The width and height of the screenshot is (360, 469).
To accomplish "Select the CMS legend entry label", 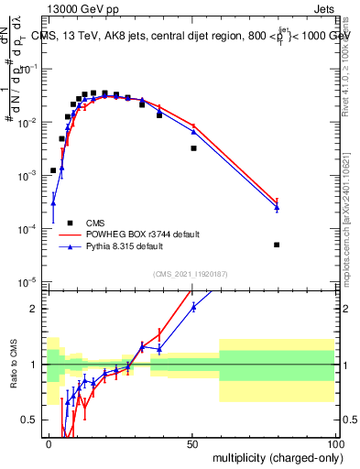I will point(96,223).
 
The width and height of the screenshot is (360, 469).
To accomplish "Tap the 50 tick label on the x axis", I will point(191,442).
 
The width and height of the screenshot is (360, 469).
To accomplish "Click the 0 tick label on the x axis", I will point(49,442).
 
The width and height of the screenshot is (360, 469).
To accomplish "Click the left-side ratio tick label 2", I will point(34,309).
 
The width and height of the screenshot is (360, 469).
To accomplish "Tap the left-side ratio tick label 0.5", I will point(30,420).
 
